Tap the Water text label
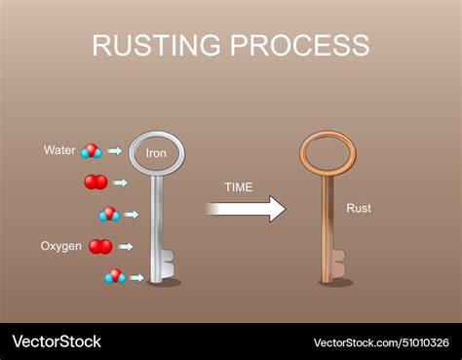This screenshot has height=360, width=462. pos(59,150)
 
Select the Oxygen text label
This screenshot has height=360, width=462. pos(60,246)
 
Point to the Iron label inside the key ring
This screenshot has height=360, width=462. pos(157,153)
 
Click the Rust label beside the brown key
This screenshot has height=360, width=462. pos(359,208)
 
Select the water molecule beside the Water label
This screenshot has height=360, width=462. pos(92,150)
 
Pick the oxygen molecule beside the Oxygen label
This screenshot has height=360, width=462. pos(100,246)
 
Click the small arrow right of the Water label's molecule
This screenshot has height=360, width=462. pos(115,151)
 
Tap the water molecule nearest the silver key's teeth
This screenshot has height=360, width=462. pos(115,276)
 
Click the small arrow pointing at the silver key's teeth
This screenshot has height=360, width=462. pos(136,278)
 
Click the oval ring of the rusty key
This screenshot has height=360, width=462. pos(327,152)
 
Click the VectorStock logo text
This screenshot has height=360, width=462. pos(56,341)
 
